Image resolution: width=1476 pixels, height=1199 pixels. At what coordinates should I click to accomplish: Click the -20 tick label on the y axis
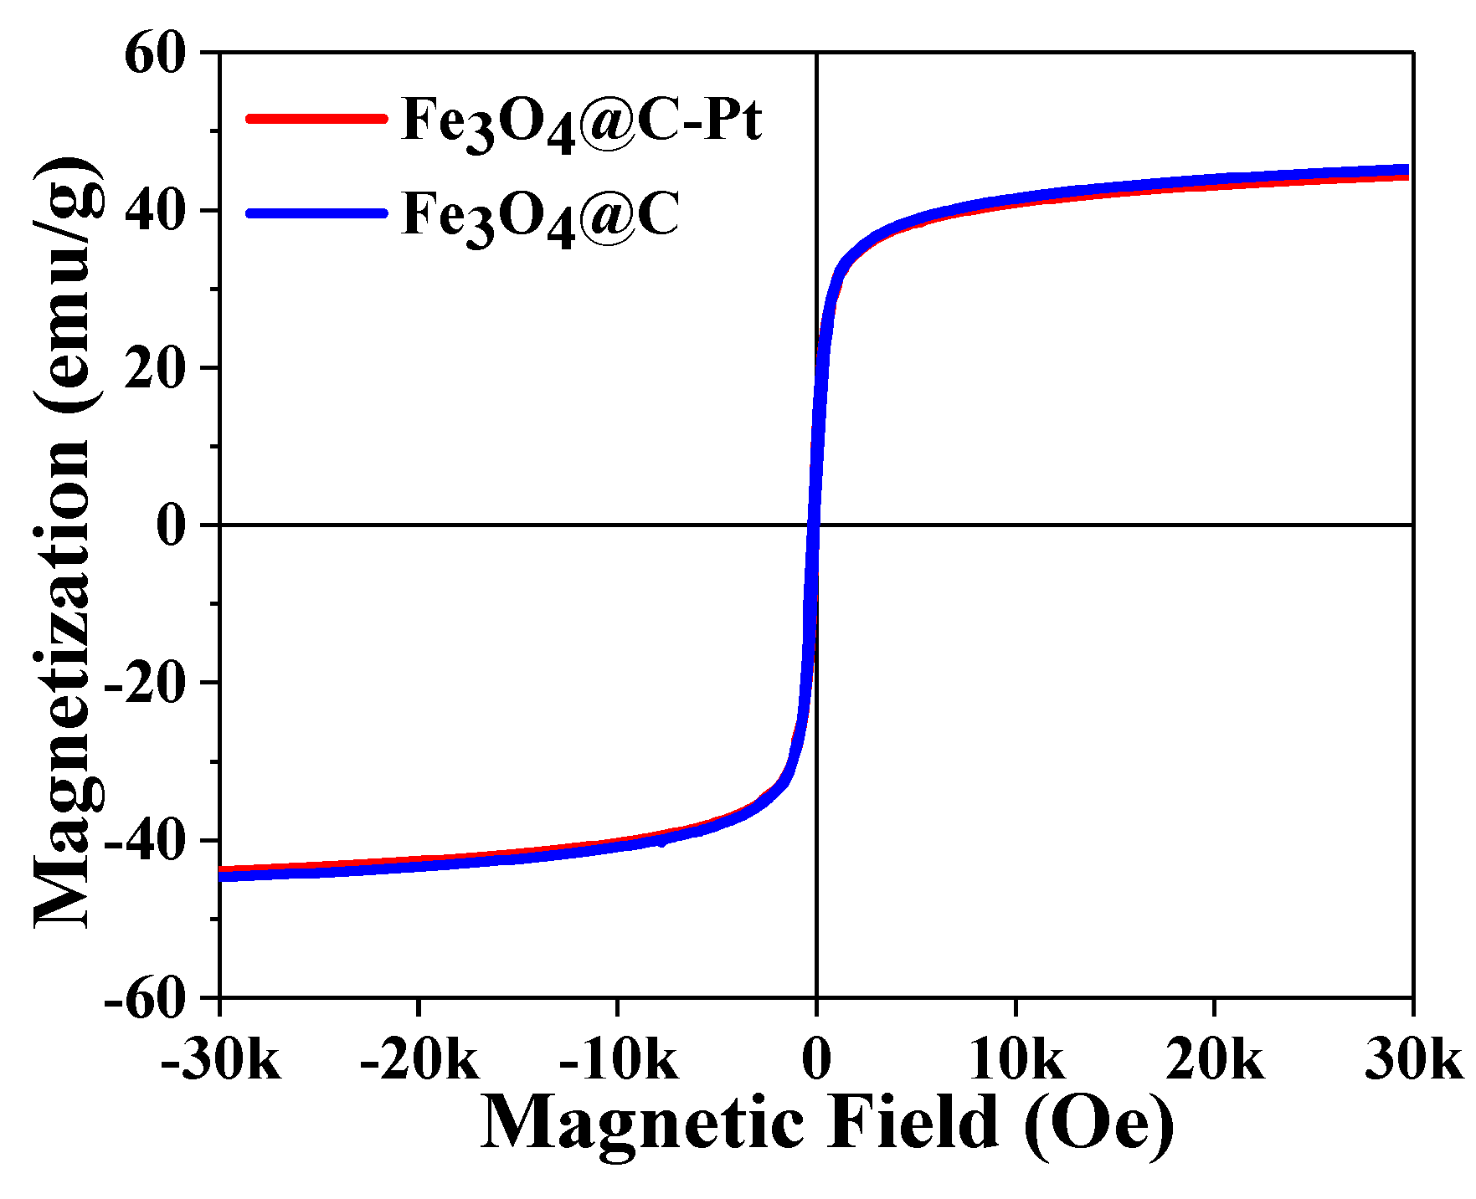click(x=143, y=684)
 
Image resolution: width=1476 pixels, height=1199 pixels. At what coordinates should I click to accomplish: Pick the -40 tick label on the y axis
click(x=143, y=841)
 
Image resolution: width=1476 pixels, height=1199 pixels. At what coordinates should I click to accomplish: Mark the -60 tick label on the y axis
click(x=143, y=998)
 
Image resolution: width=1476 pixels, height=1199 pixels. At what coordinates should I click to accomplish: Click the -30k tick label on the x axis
click(x=220, y=1060)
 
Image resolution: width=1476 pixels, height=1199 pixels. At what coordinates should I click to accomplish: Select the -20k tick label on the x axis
click(x=419, y=1060)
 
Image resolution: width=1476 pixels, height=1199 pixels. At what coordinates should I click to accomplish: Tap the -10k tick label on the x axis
click(x=618, y=1060)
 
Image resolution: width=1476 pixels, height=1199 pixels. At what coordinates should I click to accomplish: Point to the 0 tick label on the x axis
click(x=816, y=1060)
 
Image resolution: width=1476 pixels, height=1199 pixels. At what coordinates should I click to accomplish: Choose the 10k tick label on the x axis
click(x=1016, y=1060)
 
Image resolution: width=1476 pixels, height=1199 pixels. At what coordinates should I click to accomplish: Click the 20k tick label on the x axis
click(x=1214, y=1060)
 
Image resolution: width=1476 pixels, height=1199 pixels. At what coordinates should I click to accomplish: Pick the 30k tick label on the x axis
click(x=1413, y=1060)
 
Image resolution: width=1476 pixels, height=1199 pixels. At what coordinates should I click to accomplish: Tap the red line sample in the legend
click(x=316, y=118)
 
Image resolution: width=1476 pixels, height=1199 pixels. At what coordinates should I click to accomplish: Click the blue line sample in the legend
click(x=316, y=213)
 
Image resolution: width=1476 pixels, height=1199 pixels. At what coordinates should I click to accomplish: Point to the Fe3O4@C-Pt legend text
click(x=581, y=121)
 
